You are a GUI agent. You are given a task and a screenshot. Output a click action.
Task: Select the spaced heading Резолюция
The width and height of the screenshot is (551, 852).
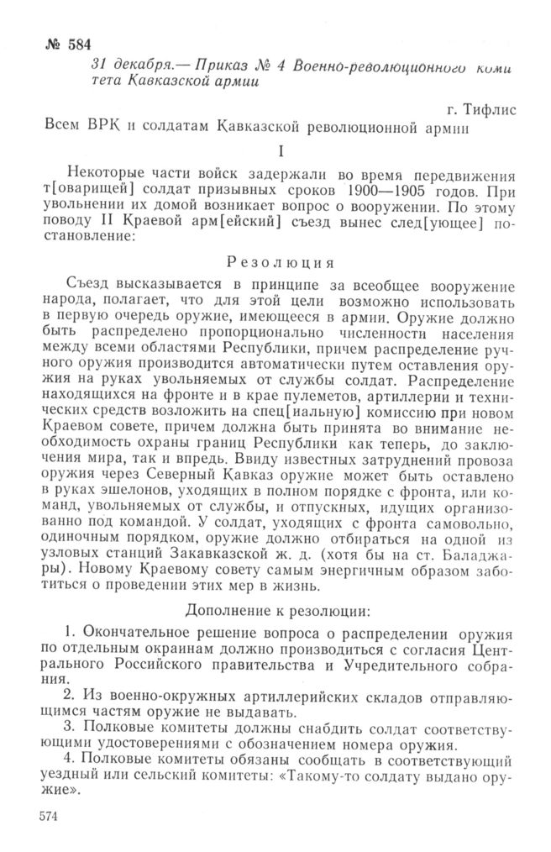(x=277, y=261)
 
